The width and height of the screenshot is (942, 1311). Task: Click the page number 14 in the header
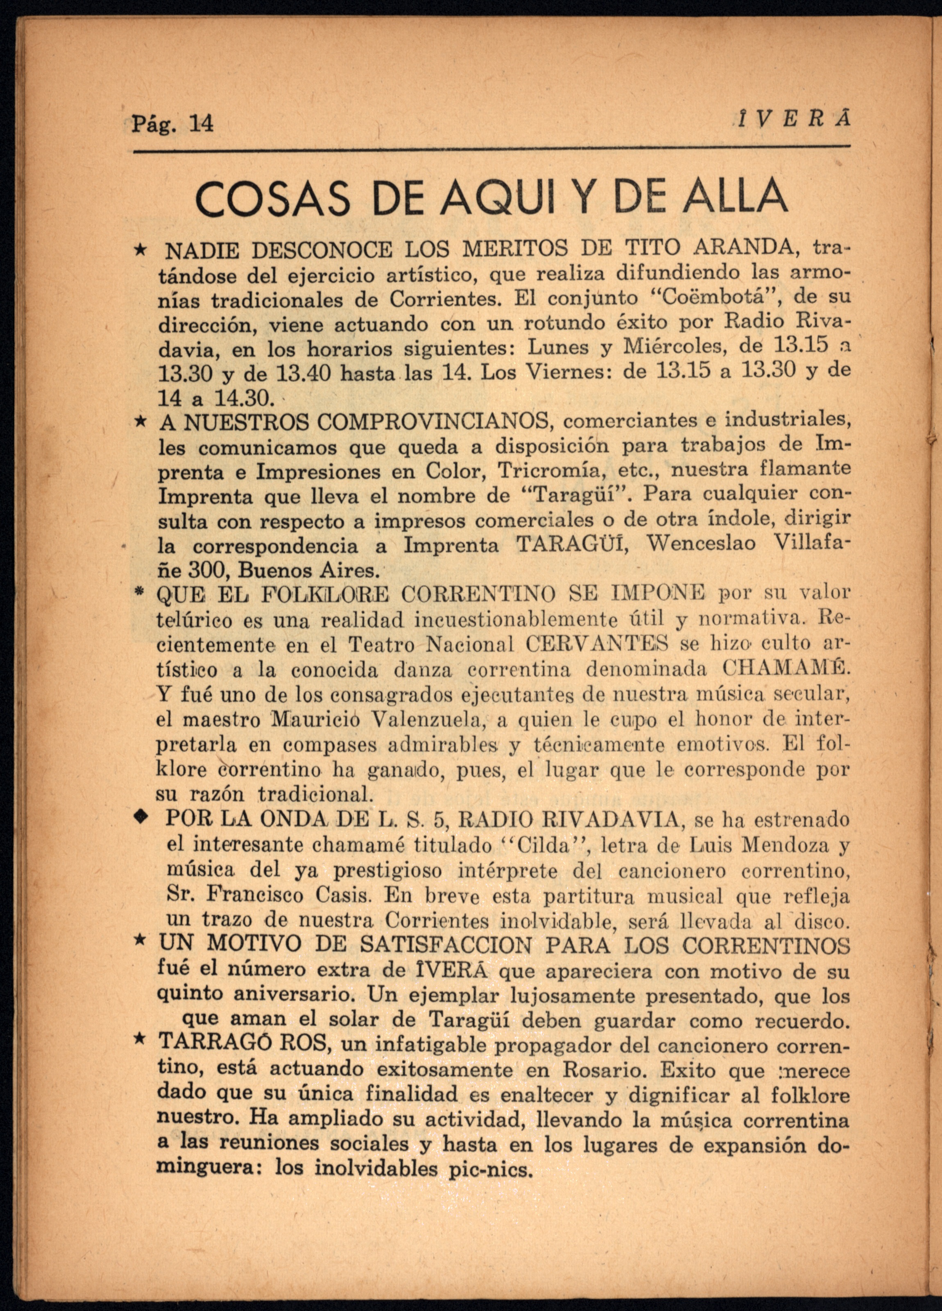[x=201, y=124]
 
